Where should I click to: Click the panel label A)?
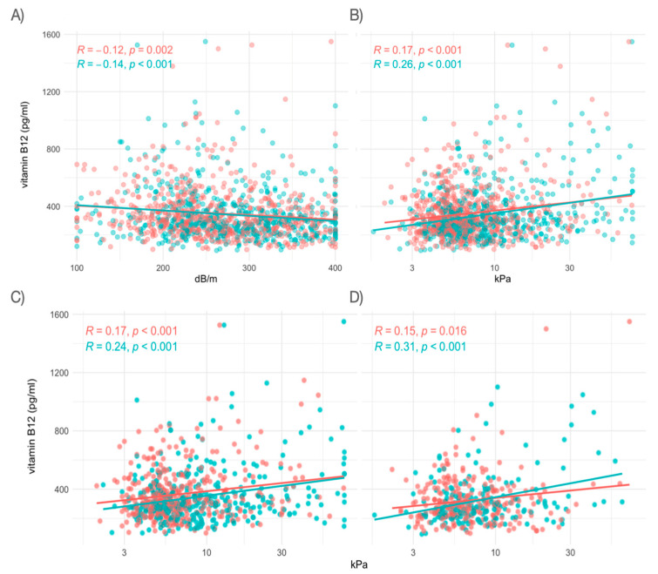click(17, 16)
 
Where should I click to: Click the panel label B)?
click(356, 16)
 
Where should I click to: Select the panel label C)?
click(17, 297)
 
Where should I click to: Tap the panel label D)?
click(356, 297)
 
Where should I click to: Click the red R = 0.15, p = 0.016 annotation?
click(420, 331)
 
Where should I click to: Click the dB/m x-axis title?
click(206, 279)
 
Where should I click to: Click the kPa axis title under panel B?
click(502, 279)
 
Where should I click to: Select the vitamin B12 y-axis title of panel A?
click(25, 145)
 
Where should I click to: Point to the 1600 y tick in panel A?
click(51, 35)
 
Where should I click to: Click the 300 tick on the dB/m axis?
click(249, 268)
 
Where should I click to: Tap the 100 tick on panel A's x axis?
click(77, 268)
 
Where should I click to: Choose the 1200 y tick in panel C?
click(59, 373)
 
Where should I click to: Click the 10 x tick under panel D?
click(496, 552)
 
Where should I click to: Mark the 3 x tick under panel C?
click(125, 552)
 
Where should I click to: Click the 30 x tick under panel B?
click(569, 268)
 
